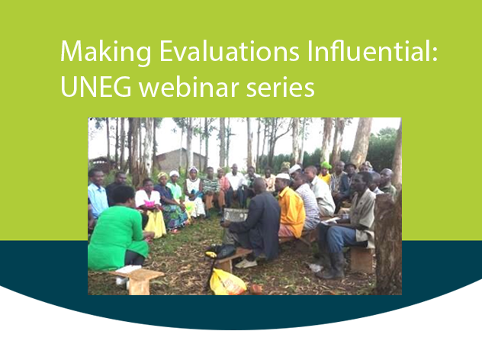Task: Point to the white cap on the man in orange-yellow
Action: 284,177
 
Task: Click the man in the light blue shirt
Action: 97,194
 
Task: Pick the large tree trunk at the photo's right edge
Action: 388,229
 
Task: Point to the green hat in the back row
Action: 326,165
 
